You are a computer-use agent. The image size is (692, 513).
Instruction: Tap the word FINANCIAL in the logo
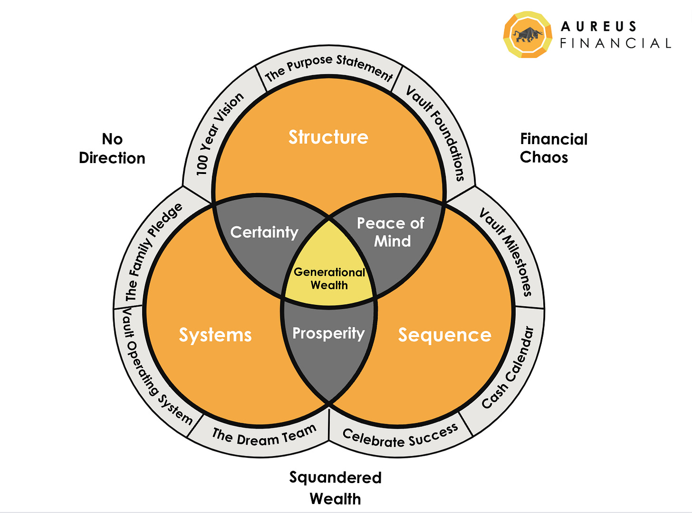tap(615, 43)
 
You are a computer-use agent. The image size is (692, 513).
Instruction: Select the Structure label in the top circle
tap(328, 137)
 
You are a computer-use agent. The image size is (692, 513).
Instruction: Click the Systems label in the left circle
tap(215, 335)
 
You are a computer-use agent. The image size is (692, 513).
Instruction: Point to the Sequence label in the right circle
tap(444, 335)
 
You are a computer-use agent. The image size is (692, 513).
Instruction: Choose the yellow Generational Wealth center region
tap(329, 279)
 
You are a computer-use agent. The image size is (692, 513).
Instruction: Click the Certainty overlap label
tap(264, 232)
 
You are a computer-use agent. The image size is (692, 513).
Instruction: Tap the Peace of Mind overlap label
tap(391, 232)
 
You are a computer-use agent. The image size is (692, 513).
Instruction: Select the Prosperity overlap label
tap(328, 333)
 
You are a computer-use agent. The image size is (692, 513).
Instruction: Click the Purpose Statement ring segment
tap(329, 67)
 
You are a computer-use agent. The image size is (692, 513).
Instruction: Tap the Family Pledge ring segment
tap(153, 252)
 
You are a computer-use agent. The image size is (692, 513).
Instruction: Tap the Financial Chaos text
tap(554, 148)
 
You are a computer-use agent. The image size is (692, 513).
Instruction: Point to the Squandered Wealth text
tap(336, 488)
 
